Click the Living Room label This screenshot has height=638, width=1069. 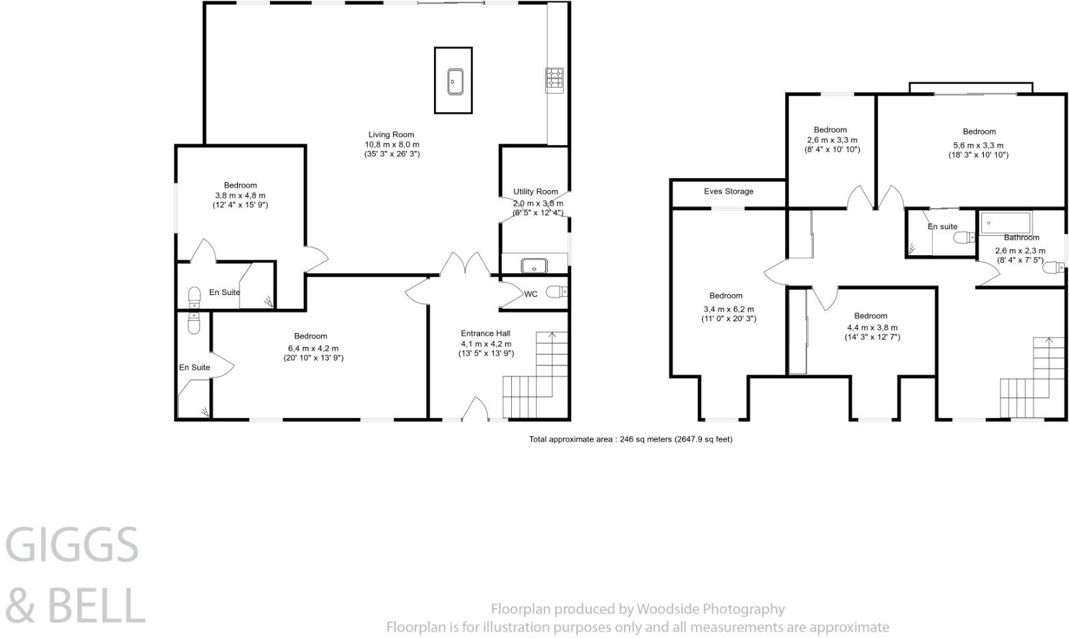click(x=391, y=134)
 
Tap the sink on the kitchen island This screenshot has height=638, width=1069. click(x=455, y=82)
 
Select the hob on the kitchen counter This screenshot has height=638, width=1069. click(x=554, y=79)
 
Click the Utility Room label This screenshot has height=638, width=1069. click(x=535, y=191)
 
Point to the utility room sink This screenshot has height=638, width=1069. click(x=534, y=265)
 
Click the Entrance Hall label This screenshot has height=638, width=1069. click(x=485, y=334)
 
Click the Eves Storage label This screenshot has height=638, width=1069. click(x=728, y=191)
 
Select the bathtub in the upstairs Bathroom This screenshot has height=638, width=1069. click(x=1007, y=223)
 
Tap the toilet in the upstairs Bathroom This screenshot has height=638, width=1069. click(x=1053, y=267)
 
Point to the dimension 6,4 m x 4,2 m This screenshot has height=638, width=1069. click(x=313, y=348)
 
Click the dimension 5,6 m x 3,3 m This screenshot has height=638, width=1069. click(x=979, y=146)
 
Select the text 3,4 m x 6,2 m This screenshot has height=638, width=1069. click(x=729, y=309)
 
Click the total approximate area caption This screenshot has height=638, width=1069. click(x=630, y=439)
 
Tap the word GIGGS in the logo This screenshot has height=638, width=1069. click(x=72, y=544)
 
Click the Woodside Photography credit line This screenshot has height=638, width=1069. click(x=638, y=609)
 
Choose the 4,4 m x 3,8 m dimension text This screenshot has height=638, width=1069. click(x=872, y=328)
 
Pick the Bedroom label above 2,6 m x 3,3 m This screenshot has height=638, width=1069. click(x=830, y=130)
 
